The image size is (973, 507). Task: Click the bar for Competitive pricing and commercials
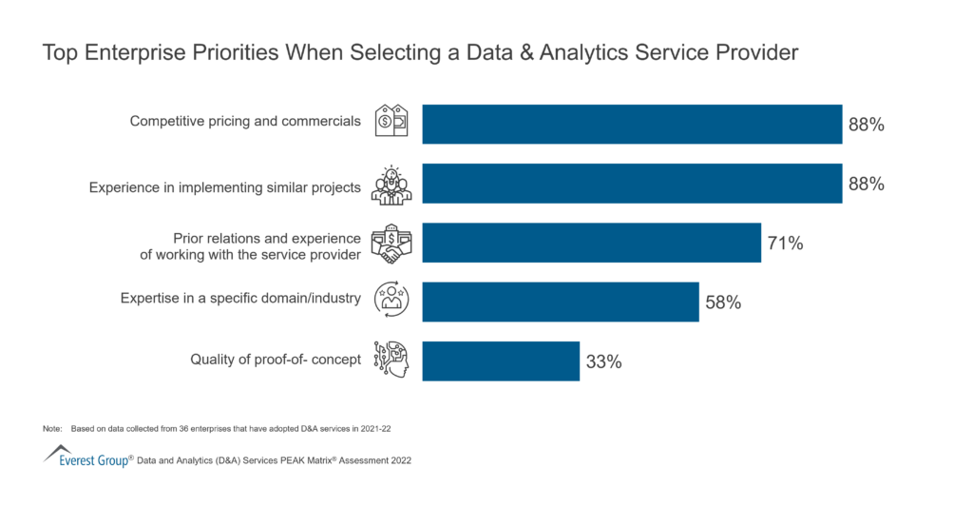coord(632,124)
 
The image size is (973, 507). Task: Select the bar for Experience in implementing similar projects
coord(632,184)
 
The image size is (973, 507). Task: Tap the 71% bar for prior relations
coord(591,243)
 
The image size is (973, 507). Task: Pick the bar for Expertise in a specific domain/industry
coord(561,302)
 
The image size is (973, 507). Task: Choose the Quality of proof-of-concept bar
coord(501,361)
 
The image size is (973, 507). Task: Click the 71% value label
coord(785,244)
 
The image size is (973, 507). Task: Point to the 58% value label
coord(722,302)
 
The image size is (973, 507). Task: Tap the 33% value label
coord(602,361)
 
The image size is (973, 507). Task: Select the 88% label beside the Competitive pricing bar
coord(866,125)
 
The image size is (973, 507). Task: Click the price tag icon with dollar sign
coord(391,121)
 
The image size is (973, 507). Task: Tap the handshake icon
coord(391,244)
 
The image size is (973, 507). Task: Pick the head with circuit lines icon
coord(391,360)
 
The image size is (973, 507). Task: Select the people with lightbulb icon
coord(391,185)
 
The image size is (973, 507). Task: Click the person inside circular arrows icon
coord(391,299)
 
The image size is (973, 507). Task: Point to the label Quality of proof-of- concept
coord(276,360)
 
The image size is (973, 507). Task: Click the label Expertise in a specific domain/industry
coord(240,299)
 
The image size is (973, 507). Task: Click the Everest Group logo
coord(86,457)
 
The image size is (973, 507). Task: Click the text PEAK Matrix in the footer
coord(296,460)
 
